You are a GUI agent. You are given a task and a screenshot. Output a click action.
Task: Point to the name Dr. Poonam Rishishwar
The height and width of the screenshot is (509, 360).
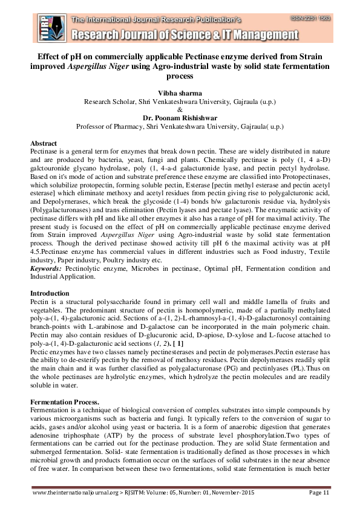point(180,119)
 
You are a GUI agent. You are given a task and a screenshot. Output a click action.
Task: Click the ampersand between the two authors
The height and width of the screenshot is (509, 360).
point(180,111)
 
